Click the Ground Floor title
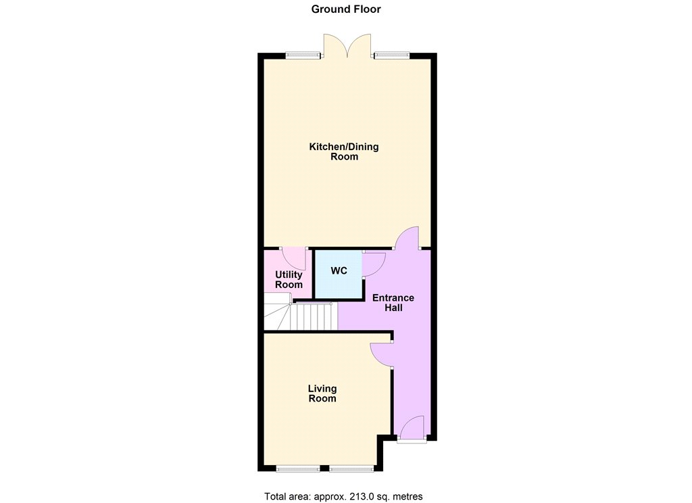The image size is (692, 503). point(346,9)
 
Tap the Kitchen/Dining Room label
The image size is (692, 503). point(344,151)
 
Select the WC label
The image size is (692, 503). point(339,270)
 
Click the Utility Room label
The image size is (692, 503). point(289,279)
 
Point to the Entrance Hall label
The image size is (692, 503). point(393,302)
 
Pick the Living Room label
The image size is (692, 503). point(322,393)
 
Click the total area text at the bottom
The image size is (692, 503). point(343,496)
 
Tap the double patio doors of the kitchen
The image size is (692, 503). point(348,45)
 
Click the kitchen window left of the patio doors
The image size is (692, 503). point(303,55)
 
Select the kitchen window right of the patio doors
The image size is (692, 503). point(392,55)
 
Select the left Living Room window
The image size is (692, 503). point(298,469)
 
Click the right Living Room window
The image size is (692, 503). point(352,469)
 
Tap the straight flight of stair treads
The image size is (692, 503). point(314,316)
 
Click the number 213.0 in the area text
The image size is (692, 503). point(362,496)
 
